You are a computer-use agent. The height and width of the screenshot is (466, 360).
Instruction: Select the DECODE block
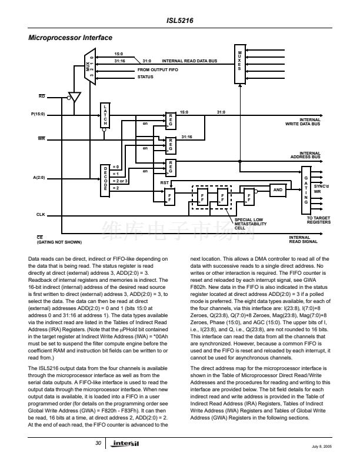point(105,178)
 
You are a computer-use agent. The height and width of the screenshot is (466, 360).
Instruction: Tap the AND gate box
point(278,189)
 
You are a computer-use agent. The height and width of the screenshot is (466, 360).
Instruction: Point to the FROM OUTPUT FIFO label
point(158,69)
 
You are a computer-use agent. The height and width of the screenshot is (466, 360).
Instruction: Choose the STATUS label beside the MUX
point(145,77)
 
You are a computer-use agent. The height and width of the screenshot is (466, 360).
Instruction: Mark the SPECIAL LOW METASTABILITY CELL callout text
point(251,224)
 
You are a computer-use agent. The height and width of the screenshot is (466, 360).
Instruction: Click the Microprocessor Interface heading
point(71,38)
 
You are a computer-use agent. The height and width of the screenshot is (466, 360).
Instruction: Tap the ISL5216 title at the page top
point(181,20)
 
